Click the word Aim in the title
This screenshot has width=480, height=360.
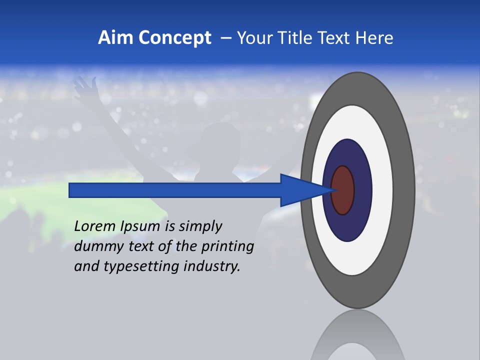(116, 38)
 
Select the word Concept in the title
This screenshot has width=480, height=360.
(174, 38)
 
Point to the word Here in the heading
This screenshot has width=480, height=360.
(374, 38)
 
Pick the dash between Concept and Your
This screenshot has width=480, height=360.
(225, 38)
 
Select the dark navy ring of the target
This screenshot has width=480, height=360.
(362, 190)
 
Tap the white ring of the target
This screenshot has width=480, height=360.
(382, 190)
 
